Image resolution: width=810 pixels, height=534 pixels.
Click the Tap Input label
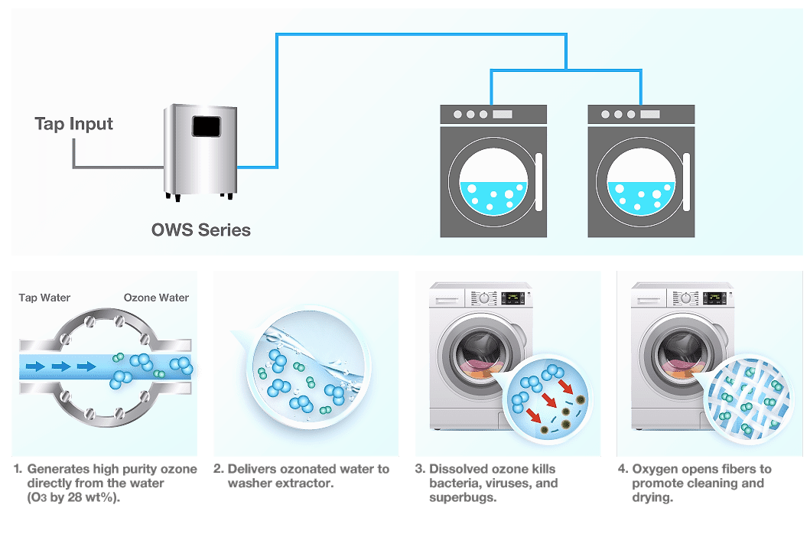[x=73, y=124]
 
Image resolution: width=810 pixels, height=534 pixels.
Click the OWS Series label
[x=200, y=230]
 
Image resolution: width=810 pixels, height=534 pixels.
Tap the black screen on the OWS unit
[x=206, y=126]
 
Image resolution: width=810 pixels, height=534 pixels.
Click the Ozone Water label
[x=156, y=298]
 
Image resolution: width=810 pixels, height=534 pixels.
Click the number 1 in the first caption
[x=17, y=469]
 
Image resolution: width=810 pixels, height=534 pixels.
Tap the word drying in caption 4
[x=652, y=498]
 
